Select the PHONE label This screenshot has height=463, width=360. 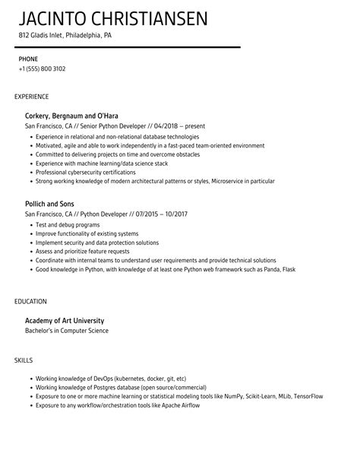(x=28, y=58)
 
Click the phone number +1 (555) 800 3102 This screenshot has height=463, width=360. (x=43, y=68)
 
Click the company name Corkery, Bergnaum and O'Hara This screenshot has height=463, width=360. (x=76, y=115)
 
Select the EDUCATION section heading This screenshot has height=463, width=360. (x=31, y=301)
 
